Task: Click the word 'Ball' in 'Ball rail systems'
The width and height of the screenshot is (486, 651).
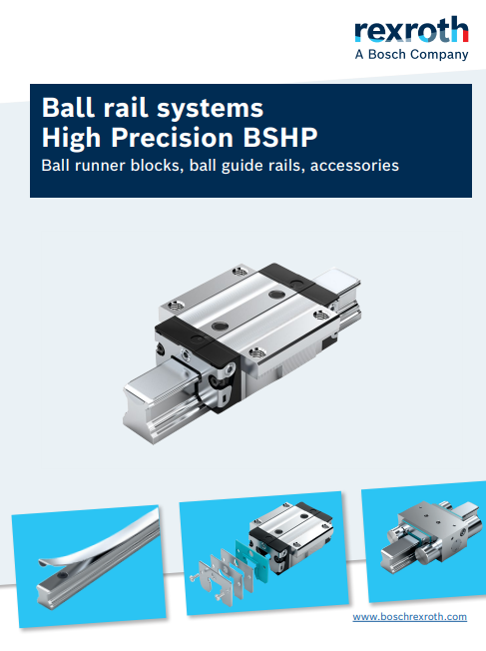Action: pos(61,108)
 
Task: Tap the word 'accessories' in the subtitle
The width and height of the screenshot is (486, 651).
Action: pos(354,165)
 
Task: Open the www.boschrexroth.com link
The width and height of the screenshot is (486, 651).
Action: pos(410,617)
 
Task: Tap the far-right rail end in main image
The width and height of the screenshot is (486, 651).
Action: pos(338,283)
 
